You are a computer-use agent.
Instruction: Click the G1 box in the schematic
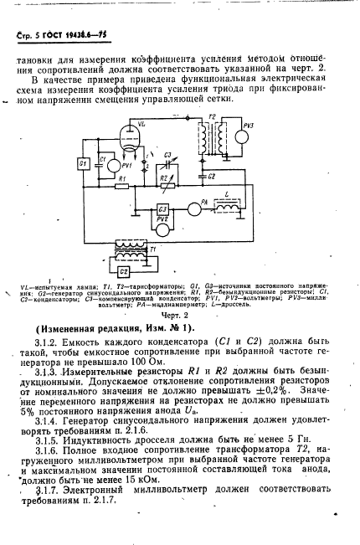pyautogui.click(x=83, y=164)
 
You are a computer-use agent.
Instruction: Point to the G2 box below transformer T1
pyautogui.click(x=124, y=271)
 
